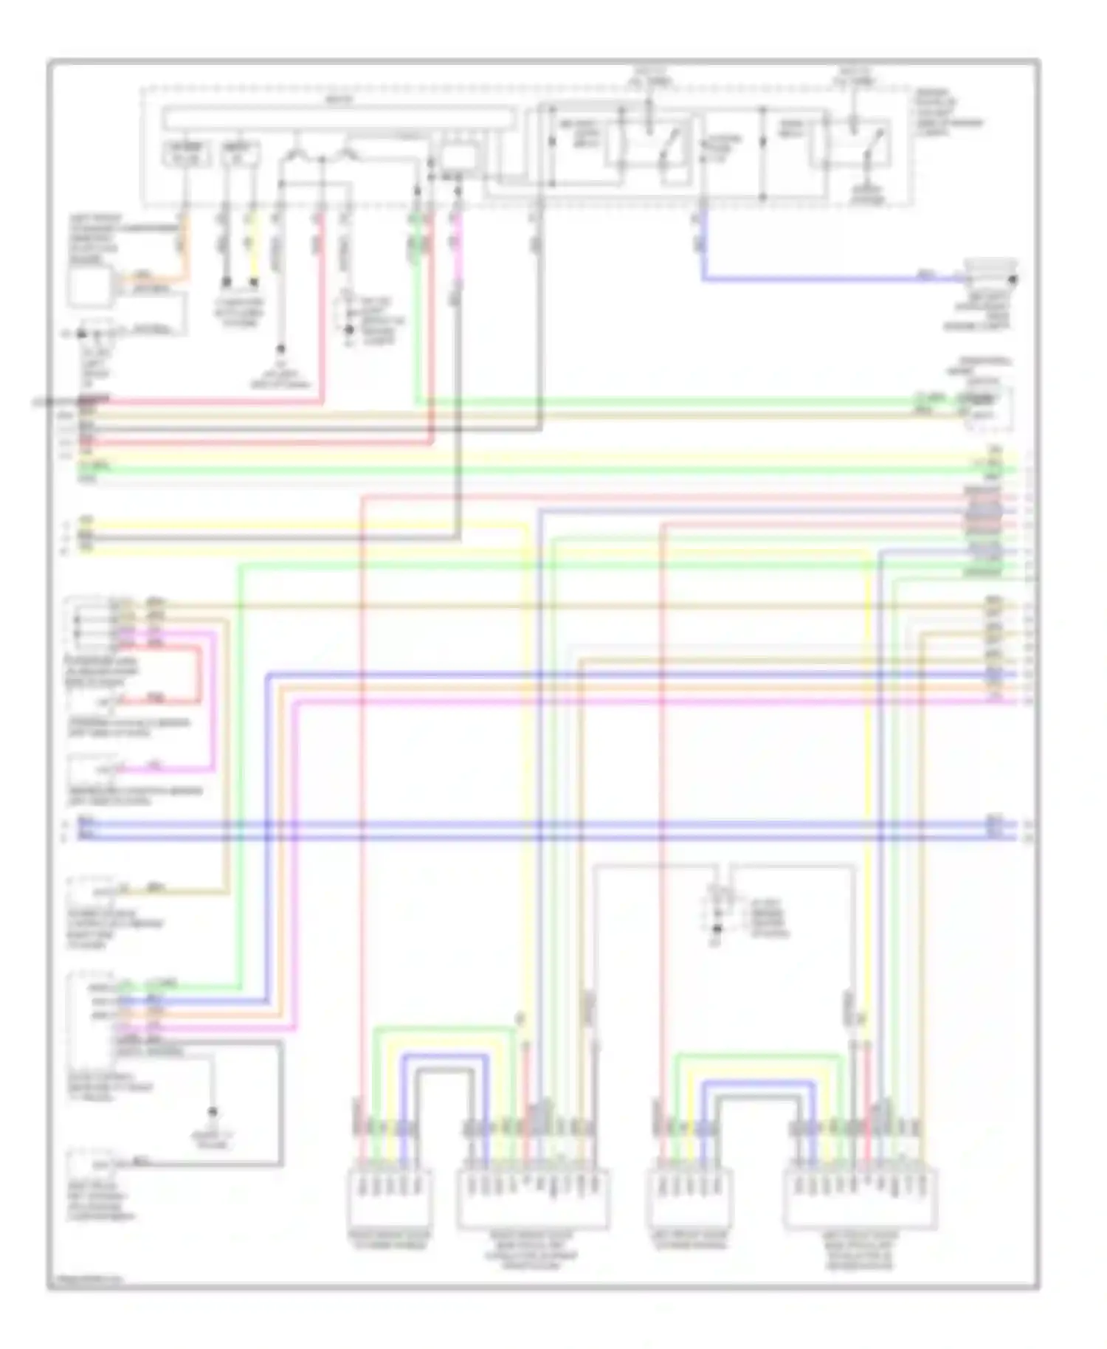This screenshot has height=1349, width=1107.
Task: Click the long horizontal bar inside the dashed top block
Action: pos(339,117)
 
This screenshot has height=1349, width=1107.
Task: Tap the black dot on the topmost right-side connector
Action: pos(1013,280)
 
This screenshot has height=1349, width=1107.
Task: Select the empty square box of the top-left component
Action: pos(89,286)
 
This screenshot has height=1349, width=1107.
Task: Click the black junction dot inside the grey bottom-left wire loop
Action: pos(213,1111)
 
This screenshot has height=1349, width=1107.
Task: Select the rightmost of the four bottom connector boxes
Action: pos(860,1198)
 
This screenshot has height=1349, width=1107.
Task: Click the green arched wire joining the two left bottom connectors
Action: pos(443,1028)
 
